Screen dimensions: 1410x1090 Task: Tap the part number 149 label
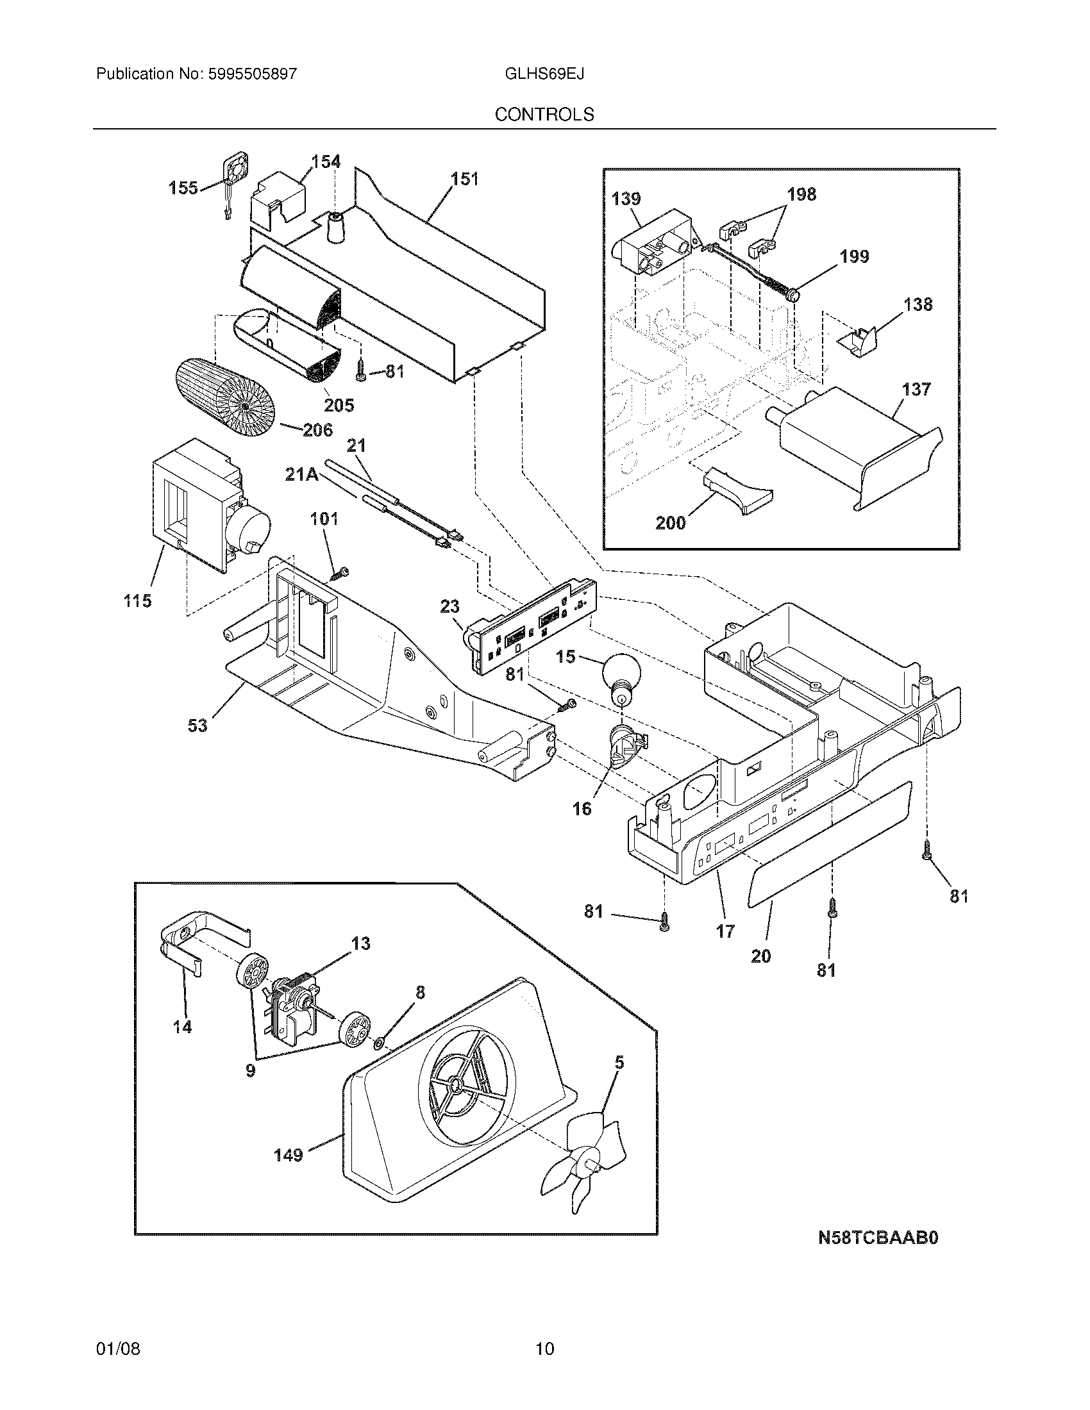tap(288, 1155)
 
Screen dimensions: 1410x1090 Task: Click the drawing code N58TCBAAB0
tap(878, 1238)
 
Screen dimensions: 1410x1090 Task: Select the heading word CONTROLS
tap(544, 114)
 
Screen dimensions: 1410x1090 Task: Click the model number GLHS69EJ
tap(544, 74)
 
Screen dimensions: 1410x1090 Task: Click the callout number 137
tap(916, 389)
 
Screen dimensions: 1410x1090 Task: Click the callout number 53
tap(197, 726)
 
